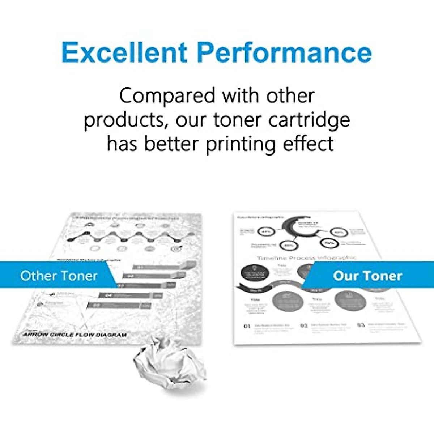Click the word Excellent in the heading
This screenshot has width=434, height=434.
125,53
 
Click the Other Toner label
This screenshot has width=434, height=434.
59,276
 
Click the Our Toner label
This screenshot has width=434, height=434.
367,276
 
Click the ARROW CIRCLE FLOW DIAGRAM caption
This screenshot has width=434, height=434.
75,335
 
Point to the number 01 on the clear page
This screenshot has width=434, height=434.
247,326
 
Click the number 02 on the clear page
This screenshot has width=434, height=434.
304,325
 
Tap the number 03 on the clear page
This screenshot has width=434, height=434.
361,325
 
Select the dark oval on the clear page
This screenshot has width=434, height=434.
255,272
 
